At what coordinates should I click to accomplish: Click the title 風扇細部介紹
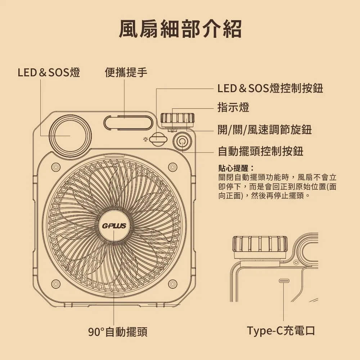click(x=180, y=29)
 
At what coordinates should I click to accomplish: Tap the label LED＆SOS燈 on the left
click(x=49, y=73)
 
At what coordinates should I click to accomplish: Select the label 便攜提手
click(x=126, y=73)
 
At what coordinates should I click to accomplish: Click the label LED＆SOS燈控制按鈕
click(x=270, y=88)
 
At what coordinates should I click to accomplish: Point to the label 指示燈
click(x=233, y=107)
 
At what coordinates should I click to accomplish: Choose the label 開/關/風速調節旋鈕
click(x=265, y=130)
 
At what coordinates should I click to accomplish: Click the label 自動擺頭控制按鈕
click(x=261, y=151)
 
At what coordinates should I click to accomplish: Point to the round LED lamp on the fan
click(x=69, y=136)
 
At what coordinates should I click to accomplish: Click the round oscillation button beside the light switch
click(x=181, y=141)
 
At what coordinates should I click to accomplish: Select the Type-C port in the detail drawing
click(x=284, y=280)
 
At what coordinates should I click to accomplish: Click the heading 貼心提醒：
click(x=236, y=168)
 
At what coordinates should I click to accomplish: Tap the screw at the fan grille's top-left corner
click(x=55, y=167)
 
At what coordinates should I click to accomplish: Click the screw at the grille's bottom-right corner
click(x=173, y=284)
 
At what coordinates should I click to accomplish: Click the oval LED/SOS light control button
click(x=158, y=139)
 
